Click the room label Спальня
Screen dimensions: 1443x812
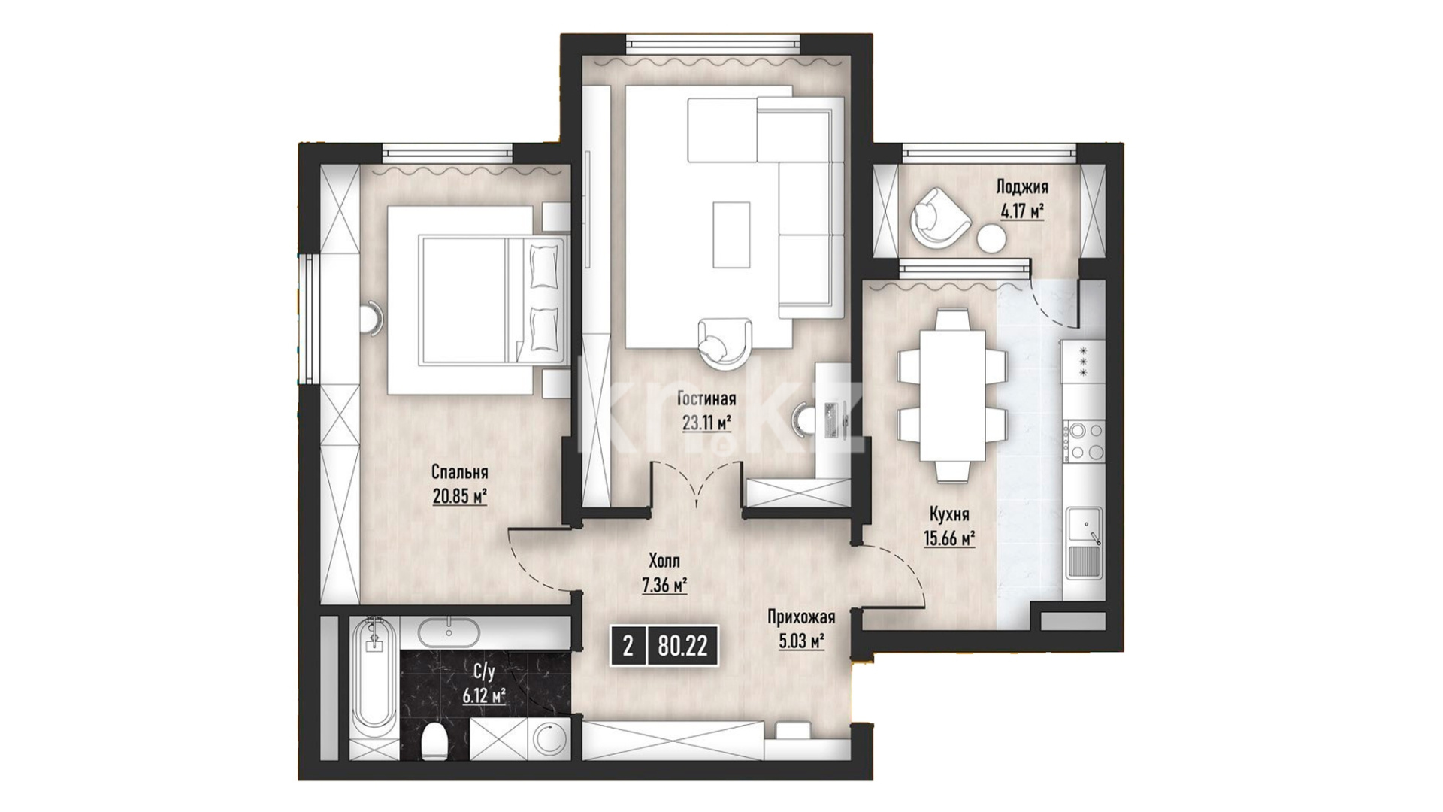[459, 472]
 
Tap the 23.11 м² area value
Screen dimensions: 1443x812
[706, 423]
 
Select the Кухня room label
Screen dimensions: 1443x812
[949, 515]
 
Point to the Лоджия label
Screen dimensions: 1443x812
[1021, 186]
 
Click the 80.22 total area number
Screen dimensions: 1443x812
[682, 646]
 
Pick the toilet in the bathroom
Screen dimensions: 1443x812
[435, 742]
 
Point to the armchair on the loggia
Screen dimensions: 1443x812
[938, 217]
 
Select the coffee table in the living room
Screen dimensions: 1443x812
[731, 235]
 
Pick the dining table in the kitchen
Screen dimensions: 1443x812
[952, 397]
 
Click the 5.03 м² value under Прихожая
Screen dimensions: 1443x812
[802, 642]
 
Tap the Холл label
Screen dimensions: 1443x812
[664, 561]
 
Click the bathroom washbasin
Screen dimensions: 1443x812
[449, 632]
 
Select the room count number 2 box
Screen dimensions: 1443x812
[628, 646]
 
